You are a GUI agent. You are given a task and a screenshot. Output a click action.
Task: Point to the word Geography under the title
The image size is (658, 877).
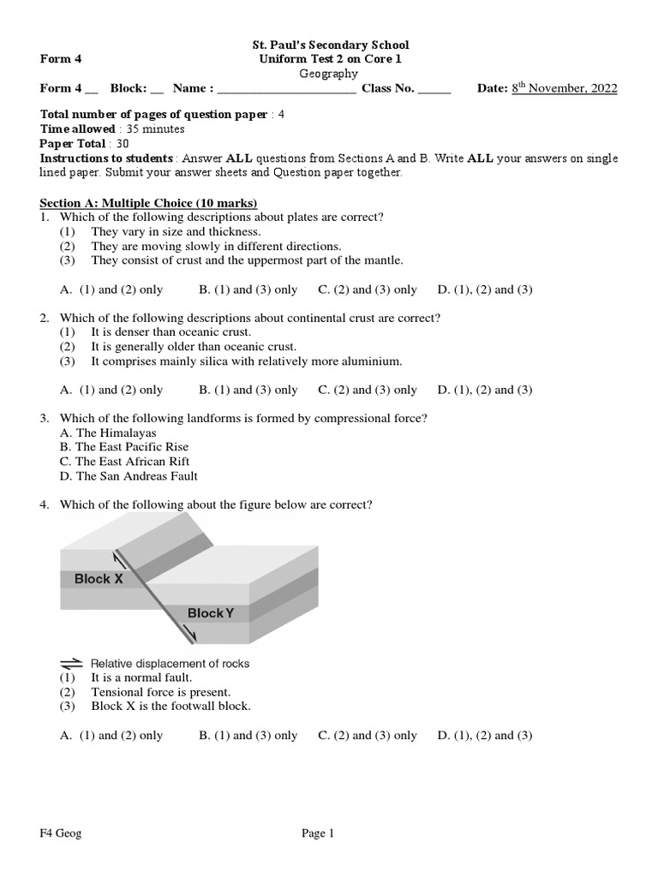[x=329, y=74]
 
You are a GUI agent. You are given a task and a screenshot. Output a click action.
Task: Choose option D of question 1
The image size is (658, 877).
[x=485, y=289]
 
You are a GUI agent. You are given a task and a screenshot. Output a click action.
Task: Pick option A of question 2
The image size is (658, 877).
[x=111, y=390]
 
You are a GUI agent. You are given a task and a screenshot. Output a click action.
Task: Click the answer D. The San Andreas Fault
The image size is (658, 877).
[x=129, y=476]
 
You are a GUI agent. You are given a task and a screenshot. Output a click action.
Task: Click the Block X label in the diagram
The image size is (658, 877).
[x=99, y=579]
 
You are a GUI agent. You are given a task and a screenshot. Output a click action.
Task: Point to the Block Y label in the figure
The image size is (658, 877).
[x=211, y=613]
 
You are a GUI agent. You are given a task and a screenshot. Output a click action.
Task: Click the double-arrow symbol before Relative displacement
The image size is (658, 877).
[x=71, y=663]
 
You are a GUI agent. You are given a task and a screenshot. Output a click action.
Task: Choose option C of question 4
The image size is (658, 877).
[x=368, y=735]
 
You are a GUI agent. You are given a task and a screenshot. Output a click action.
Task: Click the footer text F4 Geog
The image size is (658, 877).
[x=61, y=834]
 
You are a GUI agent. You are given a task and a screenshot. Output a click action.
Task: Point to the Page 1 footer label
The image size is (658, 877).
[x=317, y=834]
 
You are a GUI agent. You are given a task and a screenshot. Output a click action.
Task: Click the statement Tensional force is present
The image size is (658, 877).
[x=161, y=692]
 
